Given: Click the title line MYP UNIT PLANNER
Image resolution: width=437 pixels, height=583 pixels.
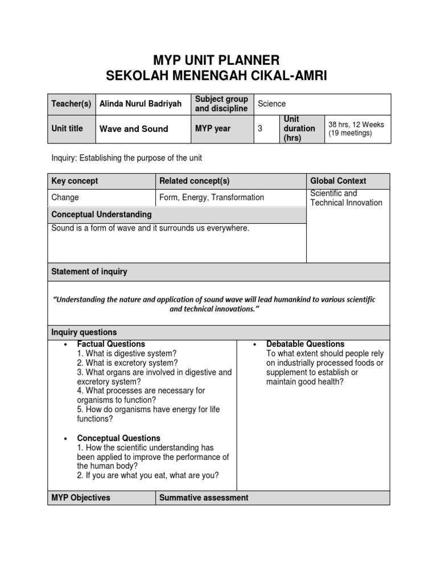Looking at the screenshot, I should pyautogui.click(x=218, y=60).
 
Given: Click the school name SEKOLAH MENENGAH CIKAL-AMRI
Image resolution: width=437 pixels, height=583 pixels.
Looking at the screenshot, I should pyautogui.click(x=218, y=76).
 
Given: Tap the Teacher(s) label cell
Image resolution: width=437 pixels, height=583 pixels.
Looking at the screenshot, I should pyautogui.click(x=71, y=104).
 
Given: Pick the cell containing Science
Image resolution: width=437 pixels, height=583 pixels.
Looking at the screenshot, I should pyautogui.click(x=272, y=104).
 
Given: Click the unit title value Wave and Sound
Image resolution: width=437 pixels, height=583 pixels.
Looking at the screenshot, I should pyautogui.click(x=134, y=129).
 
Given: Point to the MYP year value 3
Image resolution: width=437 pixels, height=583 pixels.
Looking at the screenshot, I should pyautogui.click(x=260, y=129).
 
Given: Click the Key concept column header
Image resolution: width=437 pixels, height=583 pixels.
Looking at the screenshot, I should pyautogui.click(x=75, y=181).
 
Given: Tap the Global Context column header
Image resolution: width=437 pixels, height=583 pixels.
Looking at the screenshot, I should pyautogui.click(x=338, y=181).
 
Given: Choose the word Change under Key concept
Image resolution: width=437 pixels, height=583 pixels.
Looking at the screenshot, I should pyautogui.click(x=65, y=198).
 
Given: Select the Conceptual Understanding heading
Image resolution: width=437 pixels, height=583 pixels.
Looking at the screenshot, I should pyautogui.click(x=101, y=215).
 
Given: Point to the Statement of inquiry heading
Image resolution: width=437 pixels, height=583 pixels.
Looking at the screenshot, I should pyautogui.click(x=89, y=272).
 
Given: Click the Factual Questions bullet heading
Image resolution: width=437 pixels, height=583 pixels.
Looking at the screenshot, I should pyautogui.click(x=111, y=344).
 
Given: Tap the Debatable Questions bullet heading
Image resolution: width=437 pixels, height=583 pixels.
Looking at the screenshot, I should pyautogui.click(x=305, y=344).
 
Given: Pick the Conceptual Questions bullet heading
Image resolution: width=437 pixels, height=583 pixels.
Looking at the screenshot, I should pyautogui.click(x=118, y=438).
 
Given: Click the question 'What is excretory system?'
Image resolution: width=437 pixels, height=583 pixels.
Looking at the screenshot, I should pyautogui.click(x=127, y=363).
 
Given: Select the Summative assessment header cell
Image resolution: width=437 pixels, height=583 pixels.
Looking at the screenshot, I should pyautogui.click(x=204, y=498).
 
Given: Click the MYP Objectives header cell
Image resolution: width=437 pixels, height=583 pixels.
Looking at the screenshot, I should pyautogui.click(x=81, y=498).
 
